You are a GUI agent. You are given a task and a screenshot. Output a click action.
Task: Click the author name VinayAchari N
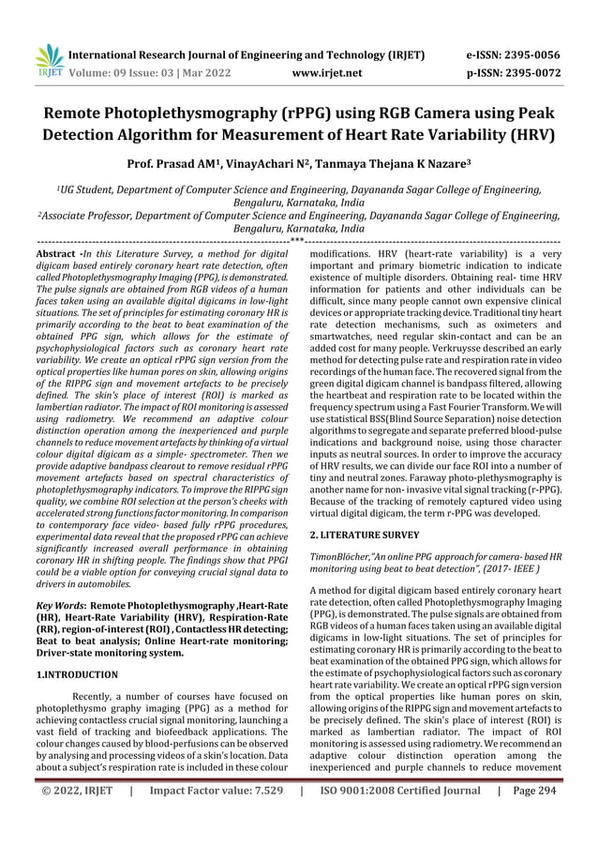[279, 166]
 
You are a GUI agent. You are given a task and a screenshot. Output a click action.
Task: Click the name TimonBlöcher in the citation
[344, 557]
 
